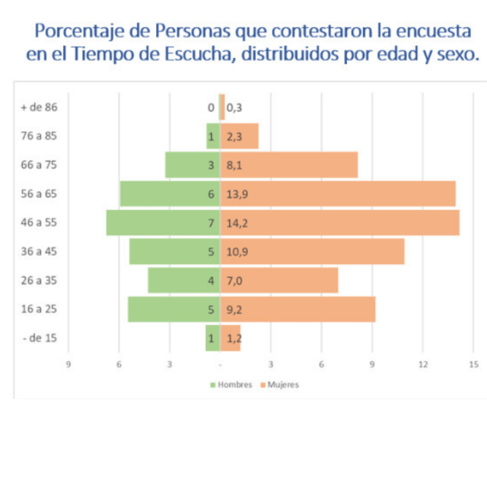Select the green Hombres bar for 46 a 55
point(163,222)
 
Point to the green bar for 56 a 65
point(169,194)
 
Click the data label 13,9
point(237,194)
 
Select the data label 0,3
point(234,107)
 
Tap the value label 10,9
point(237,251)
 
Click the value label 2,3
point(234,136)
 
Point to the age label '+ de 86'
point(39,107)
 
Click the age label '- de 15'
point(40,338)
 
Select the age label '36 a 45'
point(40,251)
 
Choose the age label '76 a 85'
point(40,136)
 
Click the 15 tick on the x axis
point(473,364)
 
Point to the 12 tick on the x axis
point(422,364)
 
